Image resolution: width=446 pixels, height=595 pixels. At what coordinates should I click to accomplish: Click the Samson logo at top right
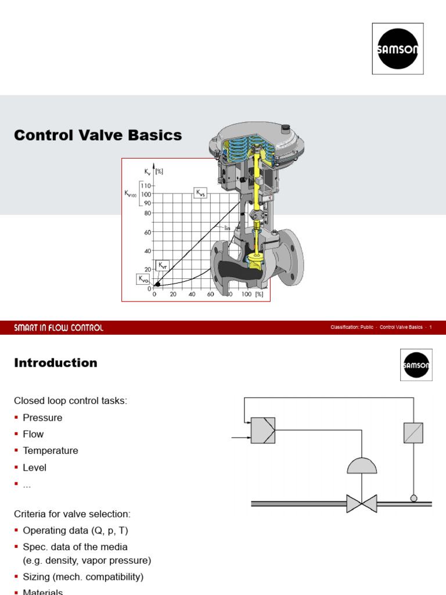(398, 49)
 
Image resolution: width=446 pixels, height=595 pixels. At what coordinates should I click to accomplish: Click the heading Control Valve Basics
(98, 135)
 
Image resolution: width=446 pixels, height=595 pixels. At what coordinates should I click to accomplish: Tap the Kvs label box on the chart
(200, 193)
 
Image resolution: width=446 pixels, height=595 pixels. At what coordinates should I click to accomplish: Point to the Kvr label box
(163, 265)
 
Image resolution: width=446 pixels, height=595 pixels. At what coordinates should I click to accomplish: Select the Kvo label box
(143, 279)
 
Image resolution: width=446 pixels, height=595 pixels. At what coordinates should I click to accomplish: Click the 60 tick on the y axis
(148, 232)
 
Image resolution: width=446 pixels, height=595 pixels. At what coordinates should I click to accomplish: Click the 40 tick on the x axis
(192, 295)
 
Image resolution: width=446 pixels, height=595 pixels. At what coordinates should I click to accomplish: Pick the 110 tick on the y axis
(146, 185)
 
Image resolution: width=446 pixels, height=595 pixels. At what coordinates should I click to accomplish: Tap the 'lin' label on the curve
(228, 228)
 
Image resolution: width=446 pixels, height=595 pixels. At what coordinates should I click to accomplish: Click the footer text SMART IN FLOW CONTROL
(59, 328)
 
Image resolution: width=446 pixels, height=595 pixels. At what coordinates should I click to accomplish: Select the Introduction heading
(56, 363)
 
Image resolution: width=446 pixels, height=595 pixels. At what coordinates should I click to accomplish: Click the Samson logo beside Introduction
(416, 365)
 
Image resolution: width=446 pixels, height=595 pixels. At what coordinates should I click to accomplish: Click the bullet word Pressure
(42, 418)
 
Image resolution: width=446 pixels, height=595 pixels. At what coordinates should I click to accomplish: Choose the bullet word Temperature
(50, 450)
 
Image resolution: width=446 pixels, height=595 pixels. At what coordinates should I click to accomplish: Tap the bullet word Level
(34, 467)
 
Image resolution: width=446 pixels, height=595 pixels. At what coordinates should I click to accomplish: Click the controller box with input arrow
(262, 431)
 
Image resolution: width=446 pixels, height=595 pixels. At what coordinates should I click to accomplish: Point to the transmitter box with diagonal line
(413, 433)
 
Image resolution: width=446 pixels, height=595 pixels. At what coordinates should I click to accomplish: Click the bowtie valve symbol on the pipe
(361, 503)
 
